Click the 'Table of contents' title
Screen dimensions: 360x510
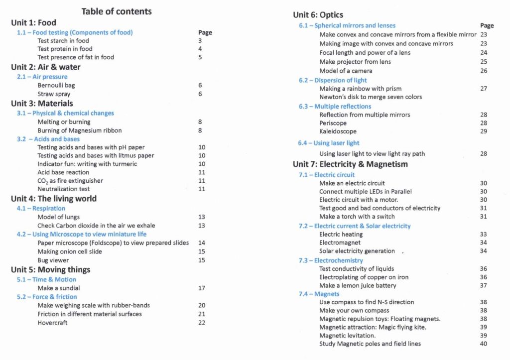tap(117, 11)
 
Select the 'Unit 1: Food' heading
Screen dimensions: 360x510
tap(33, 22)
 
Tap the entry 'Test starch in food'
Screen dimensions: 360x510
tap(63, 41)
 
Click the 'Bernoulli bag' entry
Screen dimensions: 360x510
tap(56, 85)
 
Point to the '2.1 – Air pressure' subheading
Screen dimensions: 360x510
tap(42, 77)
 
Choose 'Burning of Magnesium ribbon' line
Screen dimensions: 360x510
tap(80, 130)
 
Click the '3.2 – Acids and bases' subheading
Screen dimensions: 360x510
tap(48, 139)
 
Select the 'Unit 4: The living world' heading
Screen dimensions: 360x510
tap(54, 199)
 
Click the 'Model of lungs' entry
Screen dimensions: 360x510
tap(58, 217)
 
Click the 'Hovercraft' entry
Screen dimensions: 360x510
tap(52, 323)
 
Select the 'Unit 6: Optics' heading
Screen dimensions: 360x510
tap(318, 15)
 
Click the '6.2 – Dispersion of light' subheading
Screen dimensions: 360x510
tap(333, 80)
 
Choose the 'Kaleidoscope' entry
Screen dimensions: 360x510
tap(338, 131)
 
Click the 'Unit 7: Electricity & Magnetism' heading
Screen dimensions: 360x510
tap(350, 164)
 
